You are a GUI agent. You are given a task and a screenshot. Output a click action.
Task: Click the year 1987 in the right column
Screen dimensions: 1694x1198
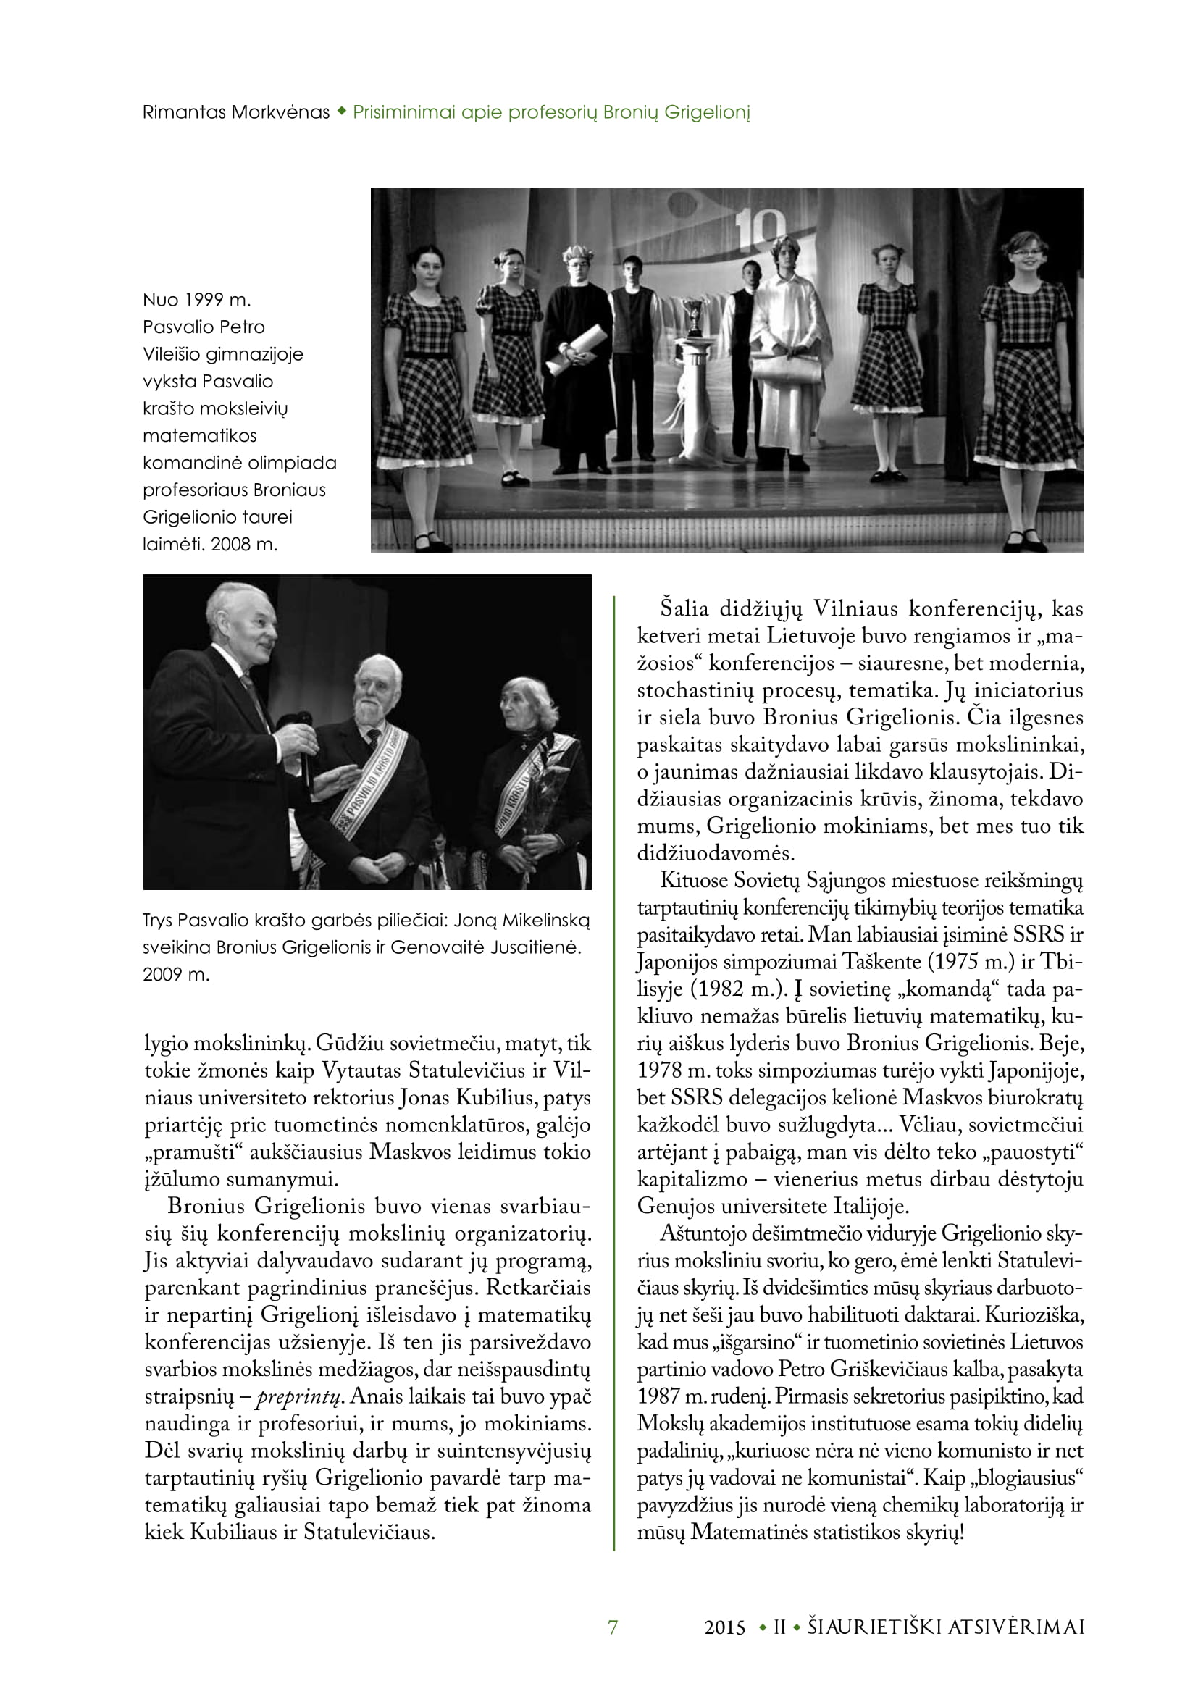[x=658, y=1396]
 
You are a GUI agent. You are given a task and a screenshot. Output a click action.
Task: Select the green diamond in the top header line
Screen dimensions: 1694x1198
[x=342, y=112]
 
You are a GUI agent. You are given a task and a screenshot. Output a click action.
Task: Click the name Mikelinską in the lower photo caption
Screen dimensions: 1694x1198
[x=547, y=920]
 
